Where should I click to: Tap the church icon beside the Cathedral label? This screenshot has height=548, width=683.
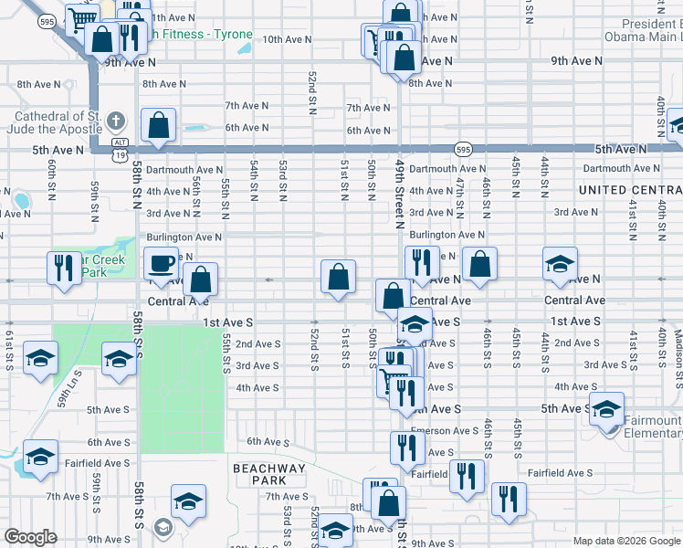[x=116, y=121]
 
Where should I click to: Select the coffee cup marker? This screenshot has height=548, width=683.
[x=161, y=263]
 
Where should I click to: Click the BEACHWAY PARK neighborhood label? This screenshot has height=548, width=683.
[x=268, y=474]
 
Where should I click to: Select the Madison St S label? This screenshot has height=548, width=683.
[x=678, y=347]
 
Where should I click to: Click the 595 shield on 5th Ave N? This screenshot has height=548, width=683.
[x=464, y=149]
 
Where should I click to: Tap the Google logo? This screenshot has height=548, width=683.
[x=30, y=537]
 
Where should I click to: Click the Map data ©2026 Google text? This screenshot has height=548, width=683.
[x=626, y=541]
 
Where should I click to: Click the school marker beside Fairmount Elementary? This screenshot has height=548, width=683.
[x=606, y=409]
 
